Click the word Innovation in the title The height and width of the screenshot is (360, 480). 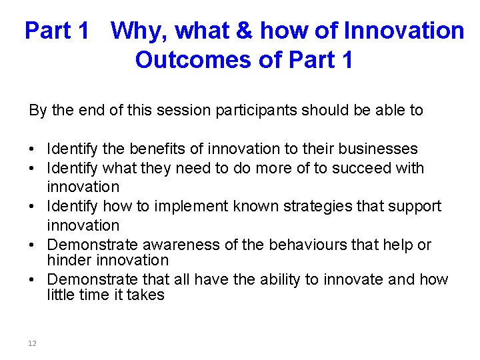click(x=403, y=30)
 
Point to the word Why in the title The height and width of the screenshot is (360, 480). click(x=137, y=30)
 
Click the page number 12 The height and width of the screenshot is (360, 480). click(x=32, y=343)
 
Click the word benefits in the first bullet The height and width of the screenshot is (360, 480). click(x=148, y=149)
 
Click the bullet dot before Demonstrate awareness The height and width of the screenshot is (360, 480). click(x=33, y=245)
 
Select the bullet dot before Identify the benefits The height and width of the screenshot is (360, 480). click(x=33, y=149)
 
